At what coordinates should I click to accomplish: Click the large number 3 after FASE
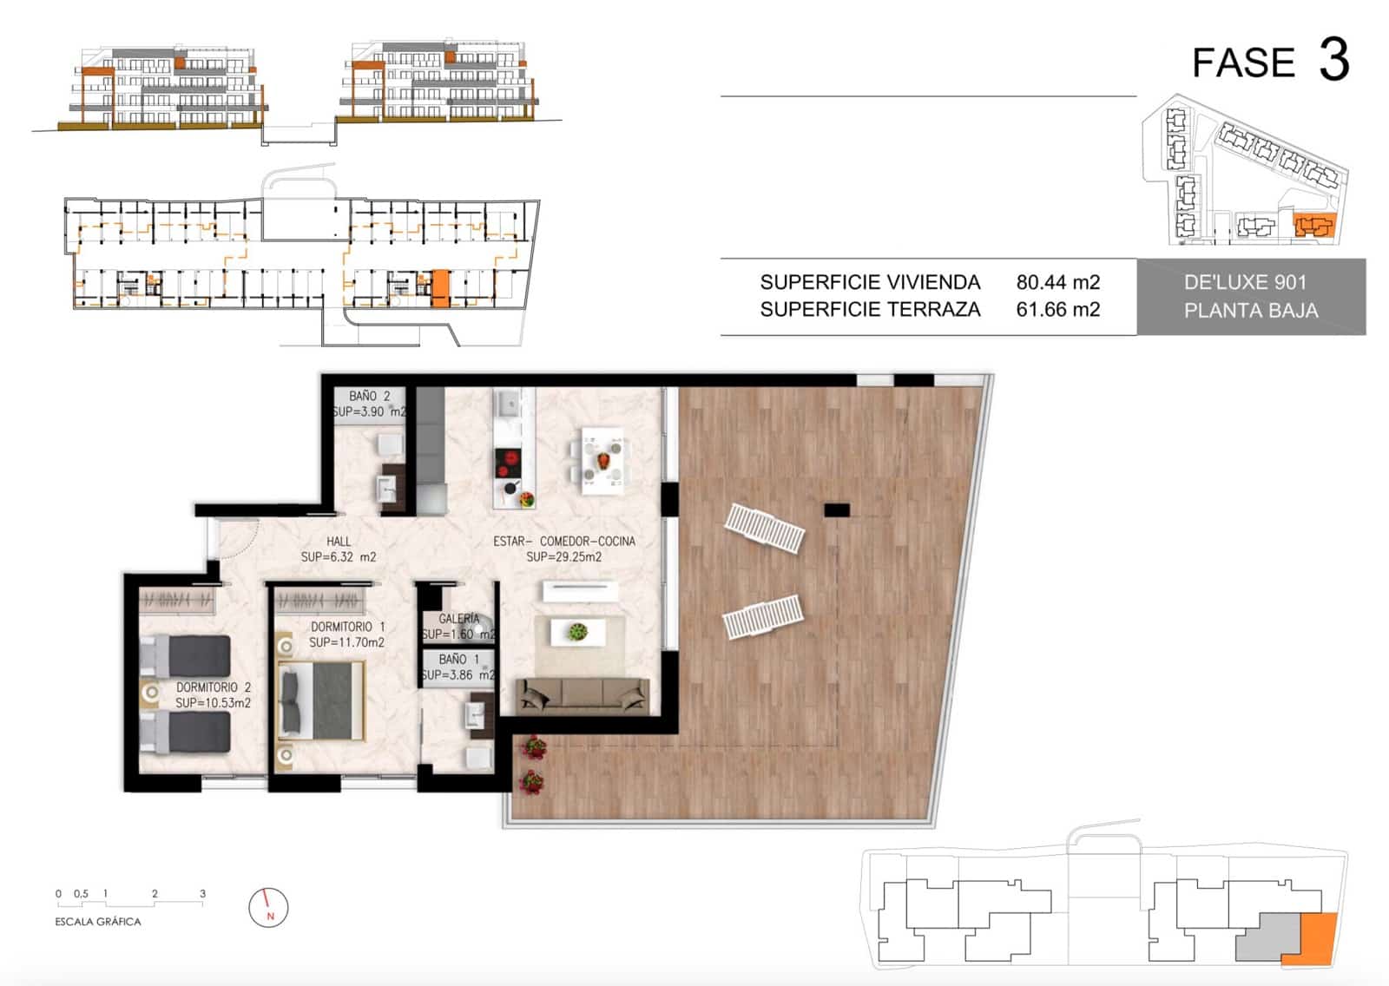(1334, 60)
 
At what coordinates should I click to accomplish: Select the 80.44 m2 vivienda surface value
(1057, 282)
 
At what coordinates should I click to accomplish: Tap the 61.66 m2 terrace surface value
(1057, 310)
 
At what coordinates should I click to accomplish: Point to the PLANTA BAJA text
(1250, 311)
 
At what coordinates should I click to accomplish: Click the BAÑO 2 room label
(370, 396)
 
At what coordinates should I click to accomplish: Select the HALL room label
(339, 541)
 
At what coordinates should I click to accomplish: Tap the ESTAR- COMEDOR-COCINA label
(564, 541)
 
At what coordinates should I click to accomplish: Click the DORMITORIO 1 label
(347, 627)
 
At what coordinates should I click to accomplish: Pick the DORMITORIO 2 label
(214, 687)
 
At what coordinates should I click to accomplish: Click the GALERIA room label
(459, 619)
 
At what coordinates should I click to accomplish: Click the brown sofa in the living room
(583, 695)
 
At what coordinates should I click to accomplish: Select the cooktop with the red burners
(508, 463)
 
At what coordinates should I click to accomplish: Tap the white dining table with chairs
(602, 461)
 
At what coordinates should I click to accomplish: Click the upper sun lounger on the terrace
(765, 529)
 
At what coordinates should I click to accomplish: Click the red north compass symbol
(268, 908)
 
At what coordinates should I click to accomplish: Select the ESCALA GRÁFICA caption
(98, 922)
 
